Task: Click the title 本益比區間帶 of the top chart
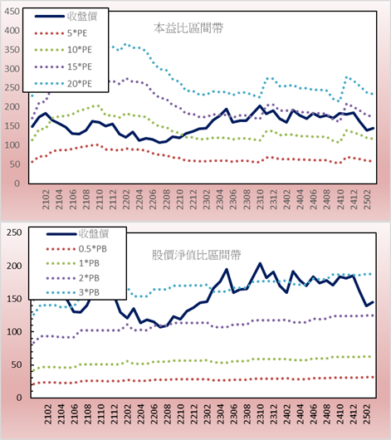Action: pyautogui.click(x=188, y=28)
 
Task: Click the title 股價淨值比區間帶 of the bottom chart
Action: pyautogui.click(x=196, y=255)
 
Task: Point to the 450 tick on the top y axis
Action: pyautogui.click(x=12, y=12)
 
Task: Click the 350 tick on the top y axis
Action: pyautogui.click(x=12, y=50)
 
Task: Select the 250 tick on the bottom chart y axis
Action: pyautogui.click(x=14, y=232)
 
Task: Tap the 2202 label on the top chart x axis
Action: pyautogui.click(x=126, y=199)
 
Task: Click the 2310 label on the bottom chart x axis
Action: pyautogui.click(x=261, y=414)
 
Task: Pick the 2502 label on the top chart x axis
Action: pyautogui.click(x=367, y=199)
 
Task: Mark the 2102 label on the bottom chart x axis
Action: pyautogui.click(x=48, y=414)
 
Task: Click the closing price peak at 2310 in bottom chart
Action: pyautogui.click(x=260, y=263)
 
